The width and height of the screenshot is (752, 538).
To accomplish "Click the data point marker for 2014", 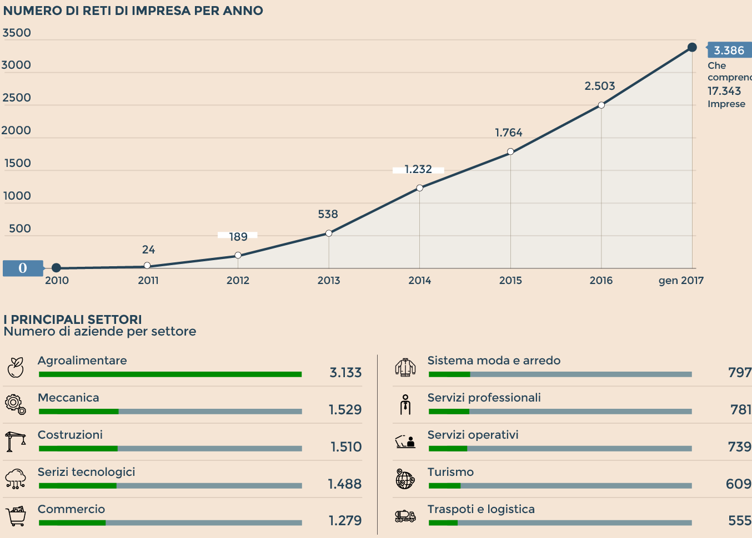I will (419, 188).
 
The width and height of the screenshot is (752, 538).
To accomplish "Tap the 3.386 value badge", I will (729, 50).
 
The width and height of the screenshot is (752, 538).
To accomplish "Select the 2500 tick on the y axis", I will (17, 98).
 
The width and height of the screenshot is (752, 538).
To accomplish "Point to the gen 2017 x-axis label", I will (681, 281).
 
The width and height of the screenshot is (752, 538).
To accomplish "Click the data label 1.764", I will (509, 133).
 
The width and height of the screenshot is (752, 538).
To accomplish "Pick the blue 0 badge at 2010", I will (23, 268).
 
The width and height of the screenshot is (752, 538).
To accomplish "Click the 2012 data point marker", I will (238, 255).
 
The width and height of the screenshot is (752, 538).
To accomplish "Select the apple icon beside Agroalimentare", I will (16, 367).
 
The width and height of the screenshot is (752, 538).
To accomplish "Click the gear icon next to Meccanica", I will (16, 404).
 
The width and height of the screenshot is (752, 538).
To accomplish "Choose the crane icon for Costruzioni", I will (16, 441).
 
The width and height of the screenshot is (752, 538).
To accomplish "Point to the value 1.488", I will (344, 484).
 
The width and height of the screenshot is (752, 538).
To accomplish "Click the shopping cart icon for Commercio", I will (17, 516).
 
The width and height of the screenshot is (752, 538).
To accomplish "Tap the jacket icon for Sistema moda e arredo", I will (405, 367).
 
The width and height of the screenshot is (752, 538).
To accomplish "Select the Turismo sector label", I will (450, 472).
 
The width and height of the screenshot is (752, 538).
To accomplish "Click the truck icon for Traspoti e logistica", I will (405, 516).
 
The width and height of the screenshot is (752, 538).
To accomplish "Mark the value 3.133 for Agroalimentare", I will (345, 373).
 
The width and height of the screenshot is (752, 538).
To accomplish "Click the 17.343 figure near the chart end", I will (724, 91).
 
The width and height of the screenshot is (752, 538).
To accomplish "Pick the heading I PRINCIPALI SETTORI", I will (73, 319).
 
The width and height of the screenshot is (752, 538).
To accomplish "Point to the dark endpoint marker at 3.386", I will (692, 47).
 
